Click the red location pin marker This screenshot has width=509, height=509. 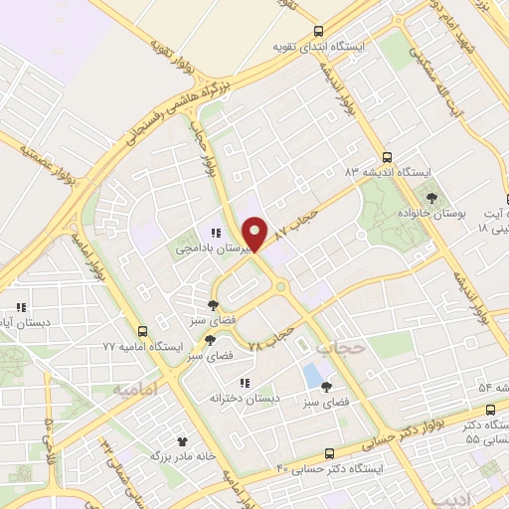point(256,233)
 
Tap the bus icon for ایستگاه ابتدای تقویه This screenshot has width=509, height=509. point(318,31)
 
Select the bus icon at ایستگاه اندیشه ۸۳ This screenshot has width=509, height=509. point(388,156)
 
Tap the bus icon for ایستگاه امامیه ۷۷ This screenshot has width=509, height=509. point(143,330)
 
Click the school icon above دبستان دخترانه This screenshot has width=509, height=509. point(245,382)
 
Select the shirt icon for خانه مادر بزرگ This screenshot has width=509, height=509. point(182,440)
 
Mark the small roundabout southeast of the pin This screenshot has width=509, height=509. point(280,288)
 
